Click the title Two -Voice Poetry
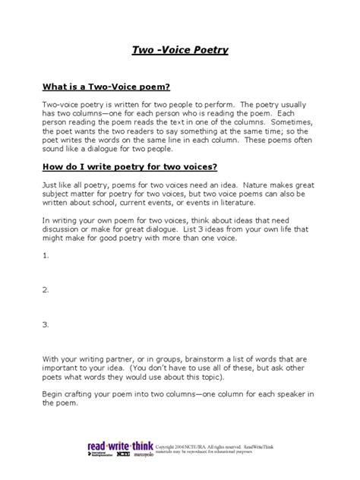click(x=180, y=51)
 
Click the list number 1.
click(x=46, y=256)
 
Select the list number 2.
click(x=46, y=289)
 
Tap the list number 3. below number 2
click(x=46, y=324)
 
